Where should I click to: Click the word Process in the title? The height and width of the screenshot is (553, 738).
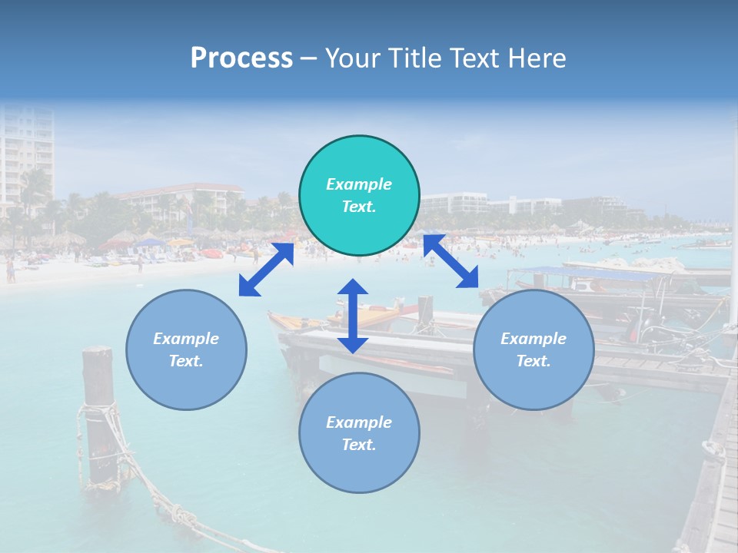241,58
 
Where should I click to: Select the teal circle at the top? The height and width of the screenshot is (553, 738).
359,196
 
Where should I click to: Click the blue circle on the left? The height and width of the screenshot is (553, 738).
186,349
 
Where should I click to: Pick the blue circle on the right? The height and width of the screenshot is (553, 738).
534,349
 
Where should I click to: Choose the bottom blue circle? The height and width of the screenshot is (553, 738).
359,433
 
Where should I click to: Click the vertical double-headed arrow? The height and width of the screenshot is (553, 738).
353,316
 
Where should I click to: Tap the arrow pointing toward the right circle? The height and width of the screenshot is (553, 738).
451,262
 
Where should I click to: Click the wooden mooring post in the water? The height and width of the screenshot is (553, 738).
98,415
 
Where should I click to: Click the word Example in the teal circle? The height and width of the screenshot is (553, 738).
359,184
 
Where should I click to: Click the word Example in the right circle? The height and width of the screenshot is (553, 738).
534,339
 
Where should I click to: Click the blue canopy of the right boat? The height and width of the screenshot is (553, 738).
584,273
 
